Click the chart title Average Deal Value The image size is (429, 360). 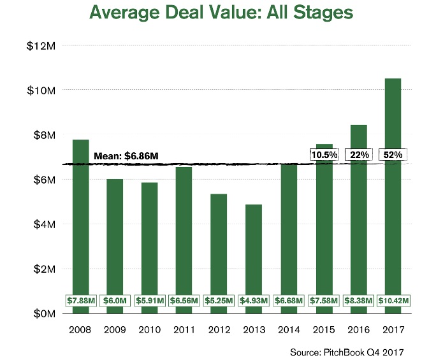point(221,13)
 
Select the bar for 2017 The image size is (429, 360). point(392,191)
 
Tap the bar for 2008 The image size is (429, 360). point(80,223)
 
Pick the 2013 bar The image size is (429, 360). point(253,255)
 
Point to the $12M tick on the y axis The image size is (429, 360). point(42,46)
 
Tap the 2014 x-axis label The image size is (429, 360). point(287,331)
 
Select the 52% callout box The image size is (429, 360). point(392,155)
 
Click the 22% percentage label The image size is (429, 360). point(357,155)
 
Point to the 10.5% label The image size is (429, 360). point(323,155)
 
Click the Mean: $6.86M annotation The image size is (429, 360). point(126,155)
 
